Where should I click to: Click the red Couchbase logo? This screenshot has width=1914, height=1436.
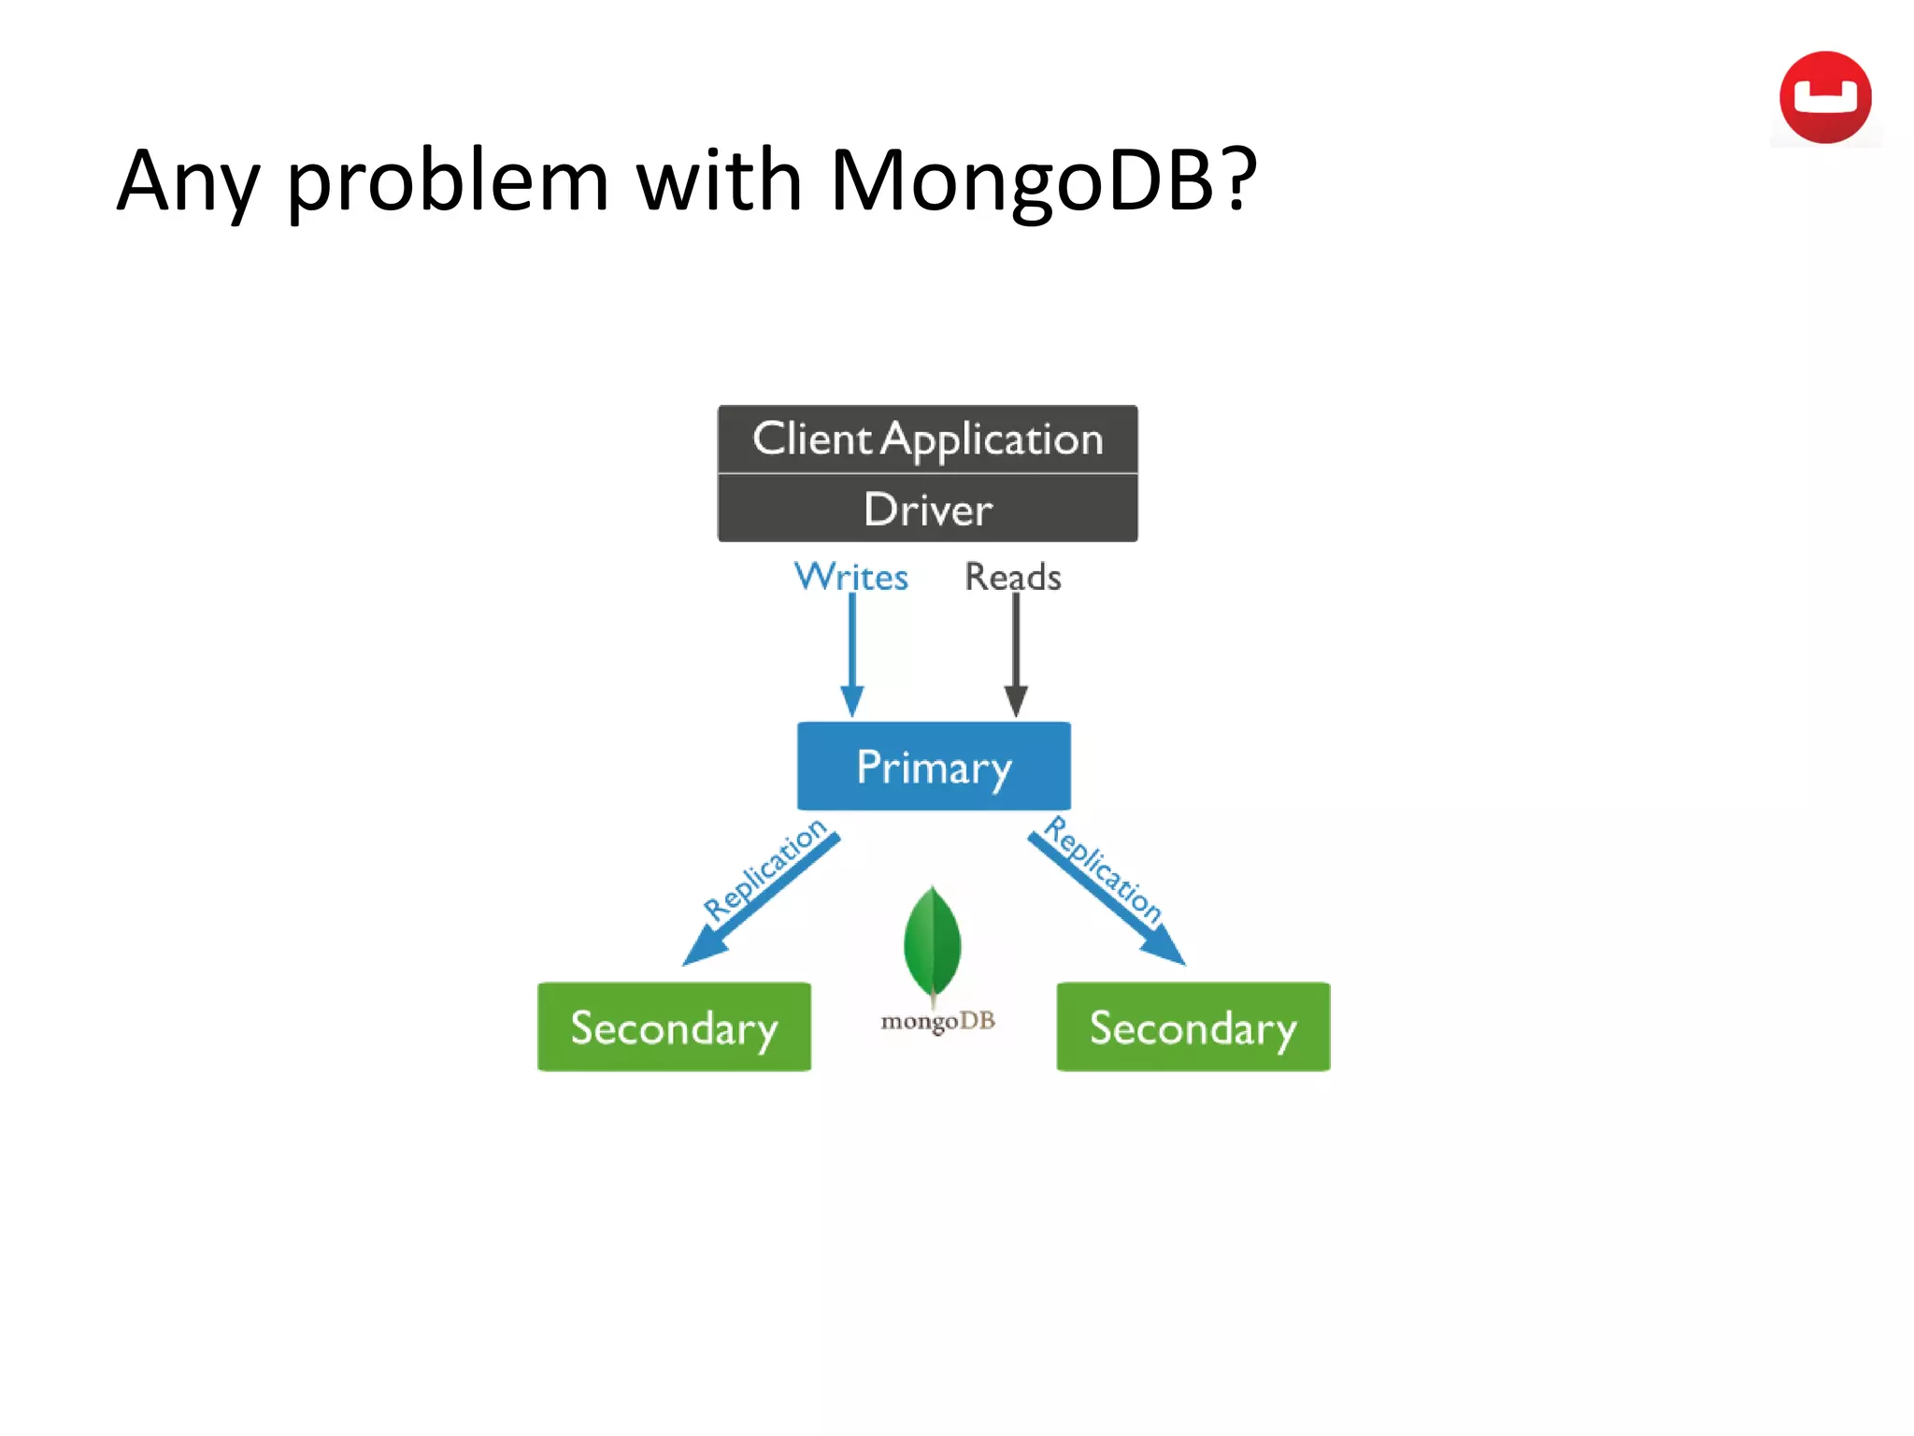point(1824,97)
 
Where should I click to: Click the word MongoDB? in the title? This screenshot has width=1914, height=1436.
point(1043,180)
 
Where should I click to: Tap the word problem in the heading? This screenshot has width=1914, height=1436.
point(448,180)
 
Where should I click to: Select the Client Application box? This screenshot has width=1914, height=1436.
point(927,438)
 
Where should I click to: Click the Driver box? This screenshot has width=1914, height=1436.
point(927,509)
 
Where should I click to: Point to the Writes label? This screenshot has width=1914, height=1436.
point(850,577)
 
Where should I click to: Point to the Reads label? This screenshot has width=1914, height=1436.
point(1012,577)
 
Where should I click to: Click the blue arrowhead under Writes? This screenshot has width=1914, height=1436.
point(851,700)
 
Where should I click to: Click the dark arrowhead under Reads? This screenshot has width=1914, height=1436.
point(1016,700)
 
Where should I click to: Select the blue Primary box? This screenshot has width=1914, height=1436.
point(934,767)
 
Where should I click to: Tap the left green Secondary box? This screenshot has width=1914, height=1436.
point(674,1027)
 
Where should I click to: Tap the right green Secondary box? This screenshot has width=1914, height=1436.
point(1193,1027)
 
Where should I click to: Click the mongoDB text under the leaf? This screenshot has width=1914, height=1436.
point(937,1021)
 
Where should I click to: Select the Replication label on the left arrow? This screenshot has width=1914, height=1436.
point(764,869)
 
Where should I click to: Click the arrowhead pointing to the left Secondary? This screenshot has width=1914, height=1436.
point(701,951)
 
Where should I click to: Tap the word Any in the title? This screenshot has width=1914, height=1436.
point(187,180)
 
